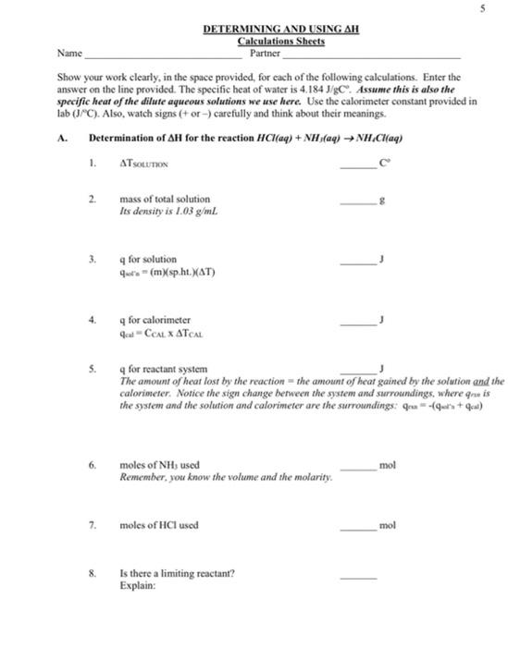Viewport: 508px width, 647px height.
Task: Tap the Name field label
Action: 68,54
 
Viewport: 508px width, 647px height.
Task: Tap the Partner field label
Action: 266,54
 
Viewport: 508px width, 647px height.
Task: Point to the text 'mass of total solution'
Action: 164,199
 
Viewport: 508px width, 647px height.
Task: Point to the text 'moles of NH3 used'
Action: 159,464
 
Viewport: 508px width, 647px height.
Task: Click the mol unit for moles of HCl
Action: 387,525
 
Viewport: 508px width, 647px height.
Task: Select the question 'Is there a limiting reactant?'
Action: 177,573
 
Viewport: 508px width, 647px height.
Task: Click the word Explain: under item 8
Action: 136,585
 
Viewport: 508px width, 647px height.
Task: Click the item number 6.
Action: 93,464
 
